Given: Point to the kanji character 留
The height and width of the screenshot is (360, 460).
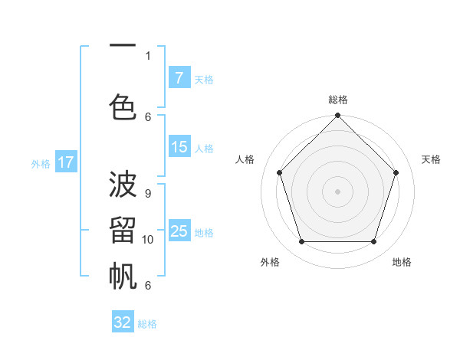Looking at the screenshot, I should pyautogui.click(x=123, y=231).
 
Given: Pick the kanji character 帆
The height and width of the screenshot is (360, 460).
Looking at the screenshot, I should pyautogui.click(x=123, y=276).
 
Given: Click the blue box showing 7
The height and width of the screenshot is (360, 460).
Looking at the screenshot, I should pyautogui.click(x=179, y=78).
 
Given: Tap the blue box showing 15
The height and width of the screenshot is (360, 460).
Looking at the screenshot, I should pyautogui.click(x=179, y=147).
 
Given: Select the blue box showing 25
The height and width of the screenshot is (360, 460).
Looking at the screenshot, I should pyautogui.click(x=179, y=231).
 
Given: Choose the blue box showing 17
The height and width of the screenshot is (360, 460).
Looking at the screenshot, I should pyautogui.click(x=65, y=162).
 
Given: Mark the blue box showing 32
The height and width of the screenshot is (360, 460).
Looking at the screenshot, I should pyautogui.click(x=123, y=322).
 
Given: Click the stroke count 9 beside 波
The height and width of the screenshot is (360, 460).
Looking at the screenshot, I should pyautogui.click(x=147, y=193).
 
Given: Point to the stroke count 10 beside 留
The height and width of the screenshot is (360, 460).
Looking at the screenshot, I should pyautogui.click(x=148, y=239).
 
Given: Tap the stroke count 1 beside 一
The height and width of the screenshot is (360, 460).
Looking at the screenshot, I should pyautogui.click(x=147, y=55).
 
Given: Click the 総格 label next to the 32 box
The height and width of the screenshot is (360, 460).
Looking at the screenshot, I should pyautogui.click(x=147, y=324).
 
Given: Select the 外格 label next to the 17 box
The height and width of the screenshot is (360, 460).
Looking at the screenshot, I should pyautogui.click(x=41, y=163).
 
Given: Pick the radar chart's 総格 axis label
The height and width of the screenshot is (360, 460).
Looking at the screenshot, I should pyautogui.click(x=338, y=100).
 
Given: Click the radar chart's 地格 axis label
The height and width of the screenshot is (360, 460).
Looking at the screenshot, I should pyautogui.click(x=402, y=262).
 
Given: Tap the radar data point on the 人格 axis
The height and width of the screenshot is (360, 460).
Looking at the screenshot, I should pyautogui.click(x=280, y=172).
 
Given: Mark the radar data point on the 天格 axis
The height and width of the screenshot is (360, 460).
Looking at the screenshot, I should pyautogui.click(x=396, y=172).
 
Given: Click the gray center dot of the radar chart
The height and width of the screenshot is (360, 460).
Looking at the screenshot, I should pyautogui.click(x=338, y=191).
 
